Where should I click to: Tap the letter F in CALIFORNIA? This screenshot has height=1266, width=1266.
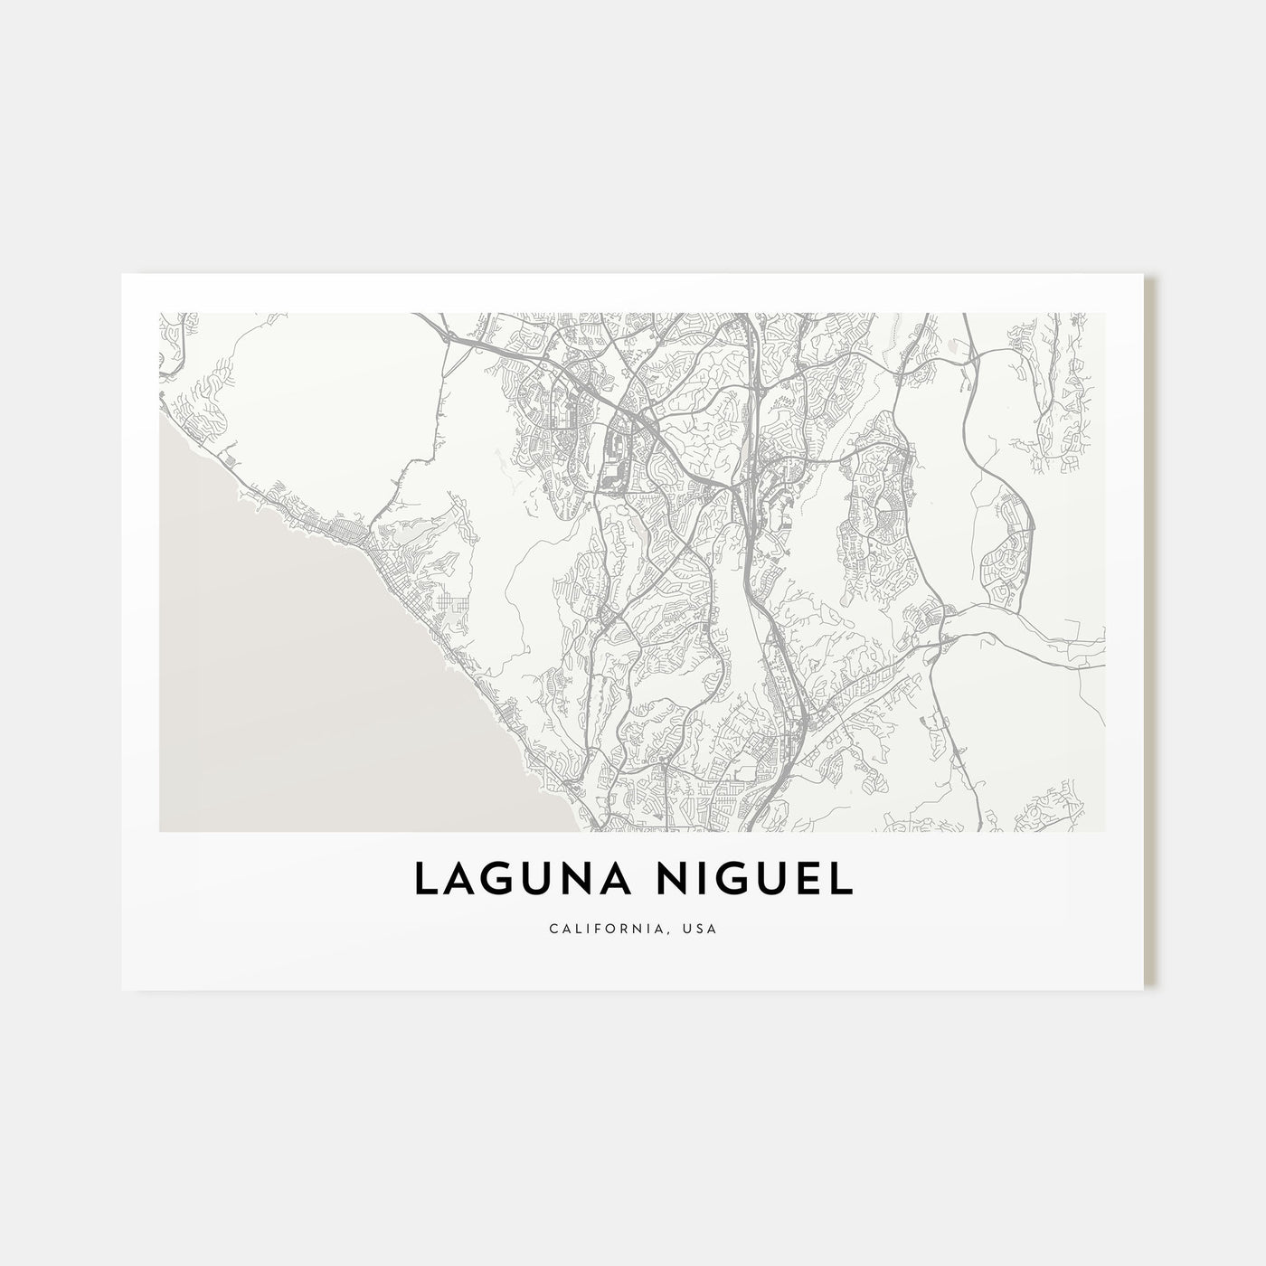606,929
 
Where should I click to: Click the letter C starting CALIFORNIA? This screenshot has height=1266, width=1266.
553,929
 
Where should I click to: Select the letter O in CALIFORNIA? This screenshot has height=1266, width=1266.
619,929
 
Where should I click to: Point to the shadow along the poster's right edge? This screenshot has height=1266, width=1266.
1151,633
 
